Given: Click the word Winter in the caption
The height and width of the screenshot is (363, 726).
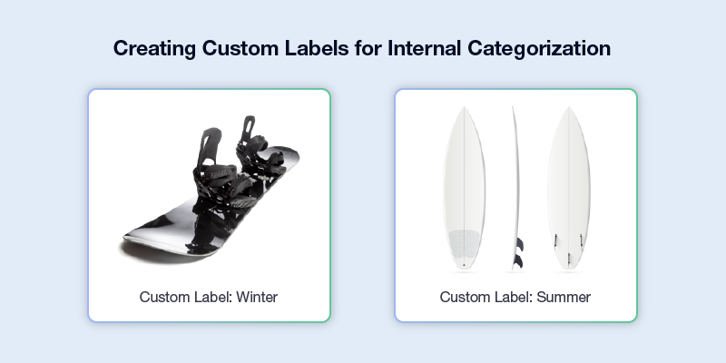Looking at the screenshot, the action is point(257,297).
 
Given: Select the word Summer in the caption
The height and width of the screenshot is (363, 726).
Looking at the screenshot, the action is point(564,297).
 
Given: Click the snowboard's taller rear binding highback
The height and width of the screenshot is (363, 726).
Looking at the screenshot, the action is point(210,147).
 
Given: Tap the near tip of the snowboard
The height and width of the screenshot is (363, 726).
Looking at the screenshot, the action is point(126,239).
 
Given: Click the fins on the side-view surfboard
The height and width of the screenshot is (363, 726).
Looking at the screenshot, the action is point(519,252).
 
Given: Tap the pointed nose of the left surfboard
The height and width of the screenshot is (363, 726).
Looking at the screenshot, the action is point(464,108).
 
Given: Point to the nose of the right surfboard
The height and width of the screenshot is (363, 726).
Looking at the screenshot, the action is point(569,108).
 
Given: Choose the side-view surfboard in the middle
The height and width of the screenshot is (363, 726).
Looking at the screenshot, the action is point(515,188).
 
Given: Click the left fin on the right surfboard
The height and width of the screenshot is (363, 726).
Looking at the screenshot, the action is point(555,240).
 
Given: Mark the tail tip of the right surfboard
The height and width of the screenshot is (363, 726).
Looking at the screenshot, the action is point(569,268).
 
